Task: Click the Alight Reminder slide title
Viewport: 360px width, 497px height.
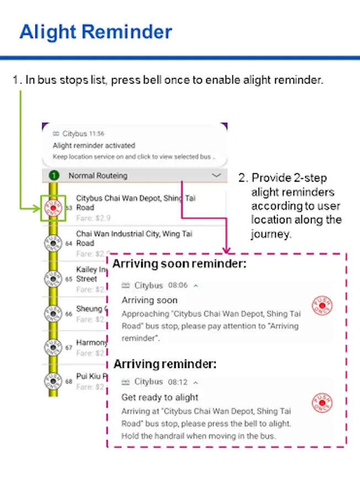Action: coord(96,32)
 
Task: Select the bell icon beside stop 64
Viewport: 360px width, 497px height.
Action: coord(53,244)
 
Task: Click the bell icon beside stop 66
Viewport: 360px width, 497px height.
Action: coord(53,314)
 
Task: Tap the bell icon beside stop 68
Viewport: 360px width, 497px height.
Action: coord(53,382)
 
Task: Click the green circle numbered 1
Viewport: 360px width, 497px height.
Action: coord(54,176)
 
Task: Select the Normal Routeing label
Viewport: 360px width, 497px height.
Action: coord(98,176)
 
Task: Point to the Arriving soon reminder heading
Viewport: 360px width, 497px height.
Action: coord(179,264)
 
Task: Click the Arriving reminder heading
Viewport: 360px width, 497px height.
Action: coord(165,364)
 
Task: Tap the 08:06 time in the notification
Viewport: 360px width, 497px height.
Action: coord(178,285)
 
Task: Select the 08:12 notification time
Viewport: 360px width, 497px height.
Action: coord(178,382)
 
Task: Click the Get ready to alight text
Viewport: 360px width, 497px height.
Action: coord(160,397)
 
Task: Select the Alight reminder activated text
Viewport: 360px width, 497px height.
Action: coord(94,146)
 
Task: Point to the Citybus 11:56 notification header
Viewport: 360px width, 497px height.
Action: coord(78,134)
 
